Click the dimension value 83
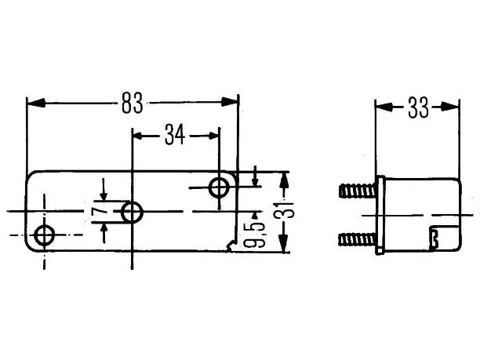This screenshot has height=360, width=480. click(x=133, y=103)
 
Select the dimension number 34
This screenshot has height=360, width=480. click(x=175, y=134)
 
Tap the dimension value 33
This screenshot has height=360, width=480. click(x=419, y=107)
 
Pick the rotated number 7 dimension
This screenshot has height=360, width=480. click(x=100, y=211)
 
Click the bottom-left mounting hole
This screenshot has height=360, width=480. click(x=45, y=235)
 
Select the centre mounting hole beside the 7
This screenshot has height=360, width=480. click(x=132, y=212)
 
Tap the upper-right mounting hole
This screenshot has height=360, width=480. click(x=219, y=187)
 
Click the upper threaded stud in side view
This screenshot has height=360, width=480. click(x=358, y=191)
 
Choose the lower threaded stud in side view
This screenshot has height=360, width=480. click(x=357, y=239)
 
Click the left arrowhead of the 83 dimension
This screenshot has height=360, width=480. click(x=36, y=103)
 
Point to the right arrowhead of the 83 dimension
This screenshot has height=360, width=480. click(x=229, y=102)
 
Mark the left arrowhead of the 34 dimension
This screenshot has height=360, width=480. click(x=138, y=136)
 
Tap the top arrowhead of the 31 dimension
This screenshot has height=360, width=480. click(x=285, y=181)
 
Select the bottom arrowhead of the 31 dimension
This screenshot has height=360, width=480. click(x=284, y=243)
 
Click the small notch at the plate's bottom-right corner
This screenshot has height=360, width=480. click(x=231, y=246)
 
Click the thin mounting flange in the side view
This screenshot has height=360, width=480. click(x=380, y=215)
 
